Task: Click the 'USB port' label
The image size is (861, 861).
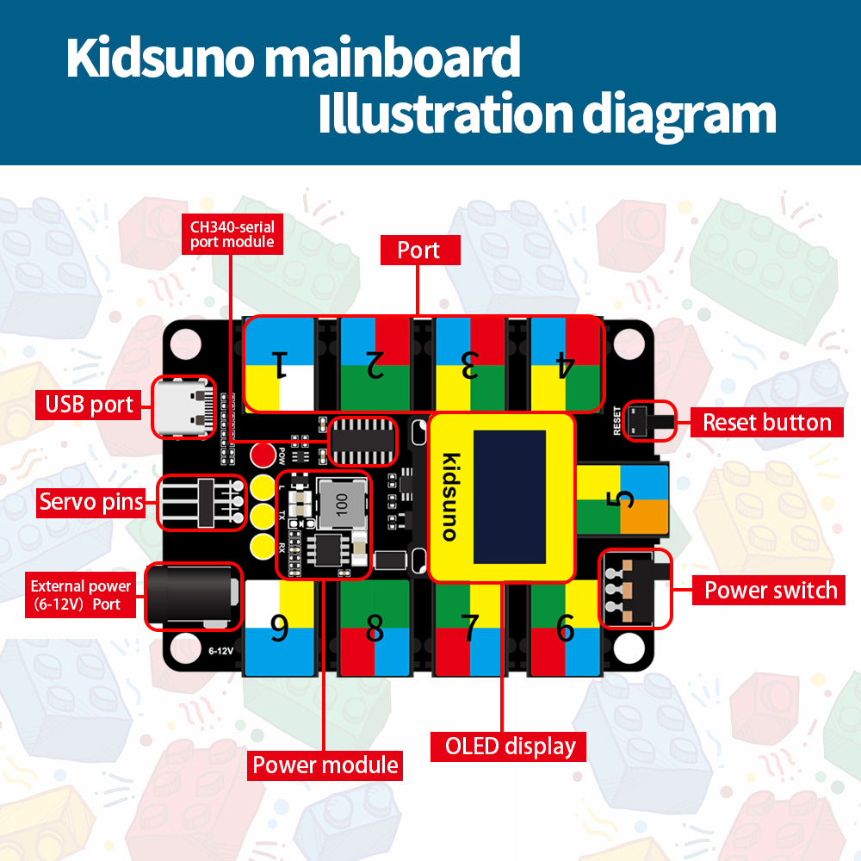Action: click(89, 404)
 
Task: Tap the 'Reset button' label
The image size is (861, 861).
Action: click(766, 422)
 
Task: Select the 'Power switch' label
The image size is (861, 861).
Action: click(770, 591)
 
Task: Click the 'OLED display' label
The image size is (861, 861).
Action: click(510, 746)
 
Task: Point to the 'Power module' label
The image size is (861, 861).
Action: click(325, 765)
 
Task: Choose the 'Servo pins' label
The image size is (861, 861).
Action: click(91, 501)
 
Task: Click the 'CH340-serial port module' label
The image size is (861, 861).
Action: click(232, 233)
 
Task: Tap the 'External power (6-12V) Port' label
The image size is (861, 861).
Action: click(81, 595)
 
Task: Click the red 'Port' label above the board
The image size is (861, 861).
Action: click(418, 251)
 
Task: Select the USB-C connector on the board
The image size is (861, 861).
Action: click(183, 406)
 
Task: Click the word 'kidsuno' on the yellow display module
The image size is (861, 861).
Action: click(449, 497)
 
